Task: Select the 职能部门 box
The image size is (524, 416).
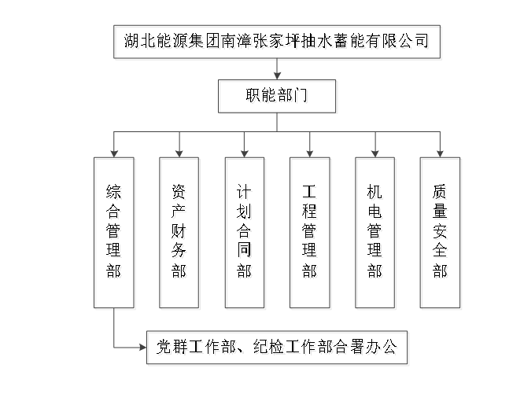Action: [277, 98]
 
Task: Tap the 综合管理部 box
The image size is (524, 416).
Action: [114, 232]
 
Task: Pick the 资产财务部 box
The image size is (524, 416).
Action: [179, 232]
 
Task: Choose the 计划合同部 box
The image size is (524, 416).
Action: [245, 232]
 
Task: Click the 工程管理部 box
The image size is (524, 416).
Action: [309, 232]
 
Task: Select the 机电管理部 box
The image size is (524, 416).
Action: [375, 232]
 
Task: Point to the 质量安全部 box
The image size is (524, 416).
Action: [440, 232]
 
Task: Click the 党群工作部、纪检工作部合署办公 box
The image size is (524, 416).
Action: [277, 347]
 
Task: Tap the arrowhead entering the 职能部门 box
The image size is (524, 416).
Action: [277, 76]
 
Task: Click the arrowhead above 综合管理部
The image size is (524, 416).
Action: [114, 153]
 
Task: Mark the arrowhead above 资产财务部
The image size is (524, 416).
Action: [179, 153]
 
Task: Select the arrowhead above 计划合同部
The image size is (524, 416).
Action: [245, 153]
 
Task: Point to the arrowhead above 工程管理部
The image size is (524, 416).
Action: [309, 153]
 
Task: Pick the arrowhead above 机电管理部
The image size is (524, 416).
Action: [375, 153]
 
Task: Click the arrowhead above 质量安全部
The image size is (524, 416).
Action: [440, 153]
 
